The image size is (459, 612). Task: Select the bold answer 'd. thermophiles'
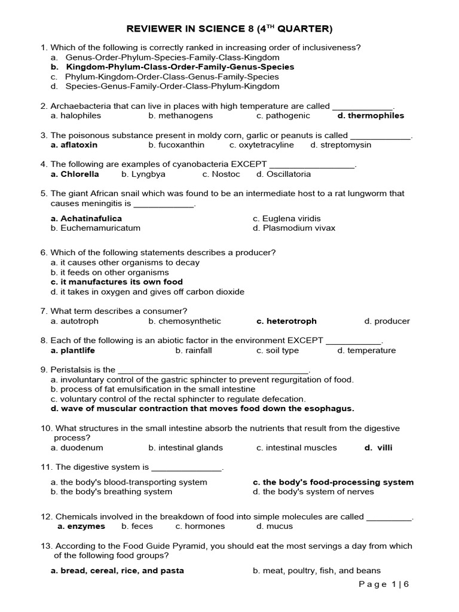click(x=371, y=115)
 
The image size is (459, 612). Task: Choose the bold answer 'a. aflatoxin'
click(x=74, y=145)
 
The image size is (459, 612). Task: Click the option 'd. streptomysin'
click(x=341, y=145)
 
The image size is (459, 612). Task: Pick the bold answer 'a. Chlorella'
click(x=75, y=174)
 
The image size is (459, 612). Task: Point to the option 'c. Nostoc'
click(x=221, y=174)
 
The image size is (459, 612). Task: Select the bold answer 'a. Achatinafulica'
click(x=86, y=219)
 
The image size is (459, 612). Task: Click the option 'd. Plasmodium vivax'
click(x=294, y=228)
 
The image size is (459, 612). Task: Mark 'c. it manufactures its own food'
click(x=117, y=281)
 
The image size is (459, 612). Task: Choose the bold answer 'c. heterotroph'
click(x=286, y=321)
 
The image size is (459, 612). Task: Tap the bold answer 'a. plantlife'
click(x=73, y=350)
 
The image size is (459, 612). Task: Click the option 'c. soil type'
click(x=277, y=350)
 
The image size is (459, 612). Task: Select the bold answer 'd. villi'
click(x=379, y=447)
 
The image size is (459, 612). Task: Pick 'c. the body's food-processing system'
click(x=333, y=482)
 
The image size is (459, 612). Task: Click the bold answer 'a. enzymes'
click(x=81, y=526)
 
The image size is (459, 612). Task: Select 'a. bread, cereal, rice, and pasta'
click(x=117, y=570)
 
